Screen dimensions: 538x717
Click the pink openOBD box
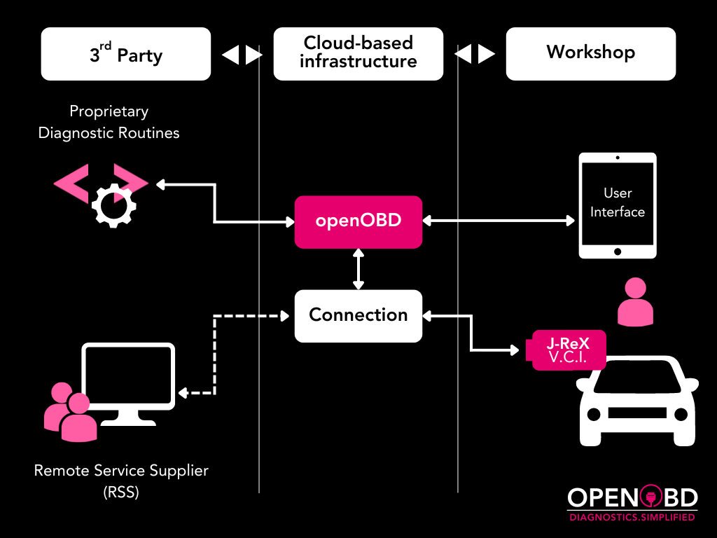[x=358, y=221]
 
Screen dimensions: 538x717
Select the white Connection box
[x=358, y=315]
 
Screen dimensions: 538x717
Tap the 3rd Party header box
[x=126, y=54]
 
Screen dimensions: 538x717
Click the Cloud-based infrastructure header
[x=358, y=53]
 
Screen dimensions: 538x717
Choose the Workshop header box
[x=590, y=53]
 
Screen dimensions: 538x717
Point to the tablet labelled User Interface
[x=618, y=206]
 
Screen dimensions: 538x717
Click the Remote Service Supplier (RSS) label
[x=121, y=481]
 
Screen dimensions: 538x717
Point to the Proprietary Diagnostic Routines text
[x=109, y=122]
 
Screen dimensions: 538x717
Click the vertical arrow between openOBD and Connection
[x=358, y=269]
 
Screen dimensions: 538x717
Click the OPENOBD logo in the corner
[x=632, y=498]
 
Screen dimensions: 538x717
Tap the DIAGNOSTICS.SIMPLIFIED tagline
[x=632, y=517]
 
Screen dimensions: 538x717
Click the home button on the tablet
[x=618, y=251]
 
